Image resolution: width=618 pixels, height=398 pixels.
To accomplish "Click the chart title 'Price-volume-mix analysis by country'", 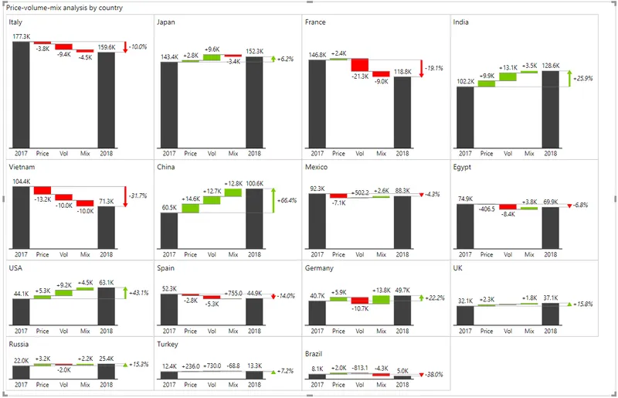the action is (64, 8).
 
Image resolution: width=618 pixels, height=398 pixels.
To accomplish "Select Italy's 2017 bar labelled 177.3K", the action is (21, 94).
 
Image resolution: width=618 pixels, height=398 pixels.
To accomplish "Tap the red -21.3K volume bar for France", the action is (360, 65).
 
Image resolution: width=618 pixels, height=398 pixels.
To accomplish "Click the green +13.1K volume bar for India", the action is (508, 77).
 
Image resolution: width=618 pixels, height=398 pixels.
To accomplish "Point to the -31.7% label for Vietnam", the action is (138, 196).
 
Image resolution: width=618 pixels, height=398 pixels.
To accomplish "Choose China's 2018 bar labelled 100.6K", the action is (254, 219).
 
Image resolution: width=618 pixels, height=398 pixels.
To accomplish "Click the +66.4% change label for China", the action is (287, 200).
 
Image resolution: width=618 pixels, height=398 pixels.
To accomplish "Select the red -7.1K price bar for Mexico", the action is (338, 196).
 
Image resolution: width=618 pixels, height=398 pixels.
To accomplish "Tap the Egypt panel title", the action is (462, 167).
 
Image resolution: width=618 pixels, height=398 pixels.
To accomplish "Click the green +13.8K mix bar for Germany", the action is (381, 300).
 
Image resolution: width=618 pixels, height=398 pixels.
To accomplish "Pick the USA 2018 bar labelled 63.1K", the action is (107, 306).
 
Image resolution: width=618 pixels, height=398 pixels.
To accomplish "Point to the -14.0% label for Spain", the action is (286, 296).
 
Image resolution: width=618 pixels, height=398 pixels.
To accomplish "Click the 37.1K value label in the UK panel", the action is (551, 298).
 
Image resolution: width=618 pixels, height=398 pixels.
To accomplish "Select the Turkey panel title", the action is (168, 345).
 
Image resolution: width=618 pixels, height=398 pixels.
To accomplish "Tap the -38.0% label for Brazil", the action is (434, 374).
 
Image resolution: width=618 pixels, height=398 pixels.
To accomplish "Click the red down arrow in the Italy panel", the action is (125, 47).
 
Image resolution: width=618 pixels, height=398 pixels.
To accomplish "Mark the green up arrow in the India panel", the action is (569, 79).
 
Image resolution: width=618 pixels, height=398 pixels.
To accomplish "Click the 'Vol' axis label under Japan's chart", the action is (212, 154).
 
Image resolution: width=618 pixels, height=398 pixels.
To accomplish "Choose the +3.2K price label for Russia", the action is (42, 359).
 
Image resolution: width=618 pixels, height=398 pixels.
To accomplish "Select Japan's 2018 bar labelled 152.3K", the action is (254, 103).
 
